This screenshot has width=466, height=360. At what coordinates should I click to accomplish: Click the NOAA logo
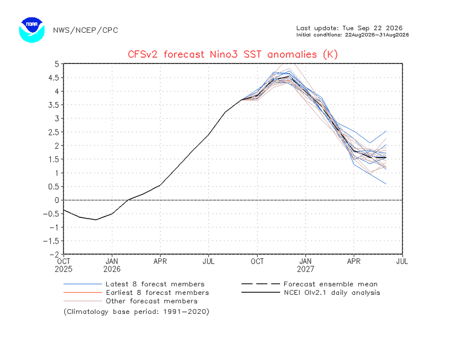click(x=32, y=30)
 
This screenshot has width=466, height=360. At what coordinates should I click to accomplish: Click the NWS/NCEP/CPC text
click(x=86, y=30)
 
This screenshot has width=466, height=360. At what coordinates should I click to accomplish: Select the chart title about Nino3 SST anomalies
click(x=233, y=55)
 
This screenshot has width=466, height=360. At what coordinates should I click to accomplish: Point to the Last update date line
click(x=349, y=28)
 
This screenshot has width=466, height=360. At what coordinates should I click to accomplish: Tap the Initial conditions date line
click(x=352, y=35)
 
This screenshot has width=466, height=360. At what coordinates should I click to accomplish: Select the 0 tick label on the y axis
click(x=57, y=200)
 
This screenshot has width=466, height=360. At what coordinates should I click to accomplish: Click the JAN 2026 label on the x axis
click(x=112, y=265)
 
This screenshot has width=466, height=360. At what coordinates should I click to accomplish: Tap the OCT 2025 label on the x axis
click(x=63, y=265)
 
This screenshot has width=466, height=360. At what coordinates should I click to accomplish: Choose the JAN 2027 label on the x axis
click(x=306, y=265)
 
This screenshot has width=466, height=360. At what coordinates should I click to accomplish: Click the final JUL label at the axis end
click(x=403, y=262)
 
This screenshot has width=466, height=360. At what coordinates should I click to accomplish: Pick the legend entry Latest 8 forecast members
click(x=134, y=284)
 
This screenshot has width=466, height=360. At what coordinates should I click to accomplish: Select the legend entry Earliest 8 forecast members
click(x=136, y=292)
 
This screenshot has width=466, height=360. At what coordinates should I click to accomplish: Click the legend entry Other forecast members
click(x=130, y=301)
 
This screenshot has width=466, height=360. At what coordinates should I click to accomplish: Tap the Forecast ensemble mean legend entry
click(x=309, y=284)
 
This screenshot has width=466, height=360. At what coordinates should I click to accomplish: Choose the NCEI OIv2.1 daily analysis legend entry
click(x=310, y=292)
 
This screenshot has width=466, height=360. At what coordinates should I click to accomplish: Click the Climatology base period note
click(x=137, y=312)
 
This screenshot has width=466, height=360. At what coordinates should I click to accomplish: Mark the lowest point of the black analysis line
click(x=96, y=220)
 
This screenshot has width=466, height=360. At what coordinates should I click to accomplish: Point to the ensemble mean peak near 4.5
click(x=288, y=76)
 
